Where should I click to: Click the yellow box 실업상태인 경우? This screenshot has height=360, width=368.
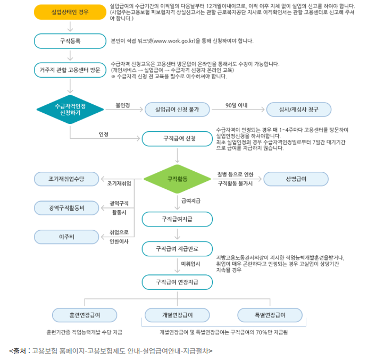[70, 11]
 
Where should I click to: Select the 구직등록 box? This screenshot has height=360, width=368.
[70, 40]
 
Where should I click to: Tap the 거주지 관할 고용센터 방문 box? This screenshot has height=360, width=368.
[70, 70]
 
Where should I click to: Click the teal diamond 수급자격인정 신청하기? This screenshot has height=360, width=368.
[70, 110]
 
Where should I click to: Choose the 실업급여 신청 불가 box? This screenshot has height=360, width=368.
[177, 110]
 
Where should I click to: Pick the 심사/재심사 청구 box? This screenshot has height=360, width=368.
[299, 110]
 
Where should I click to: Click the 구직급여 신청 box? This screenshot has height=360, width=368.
[177, 139]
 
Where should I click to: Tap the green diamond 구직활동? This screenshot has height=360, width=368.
[177, 179]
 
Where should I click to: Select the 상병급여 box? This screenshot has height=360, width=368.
[296, 179]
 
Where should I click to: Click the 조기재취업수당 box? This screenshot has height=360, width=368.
[67, 179]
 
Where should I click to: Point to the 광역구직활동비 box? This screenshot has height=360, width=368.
[67, 207]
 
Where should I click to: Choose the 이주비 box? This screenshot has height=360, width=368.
[67, 236]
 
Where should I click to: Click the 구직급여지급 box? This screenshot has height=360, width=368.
[177, 219]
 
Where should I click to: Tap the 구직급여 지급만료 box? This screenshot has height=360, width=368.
[177, 248]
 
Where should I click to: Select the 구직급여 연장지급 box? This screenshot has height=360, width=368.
[177, 281]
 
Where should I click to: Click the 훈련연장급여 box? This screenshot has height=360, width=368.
[85, 315]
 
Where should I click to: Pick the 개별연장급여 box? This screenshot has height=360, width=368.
[177, 315]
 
